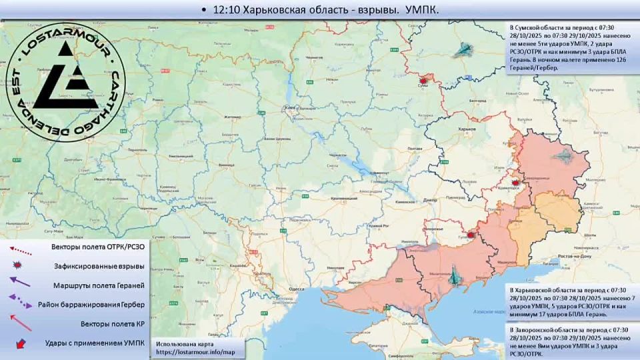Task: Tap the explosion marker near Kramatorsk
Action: click(x=515, y=181)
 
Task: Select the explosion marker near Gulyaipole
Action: click(x=472, y=234)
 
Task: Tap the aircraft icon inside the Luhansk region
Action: click(x=563, y=157)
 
